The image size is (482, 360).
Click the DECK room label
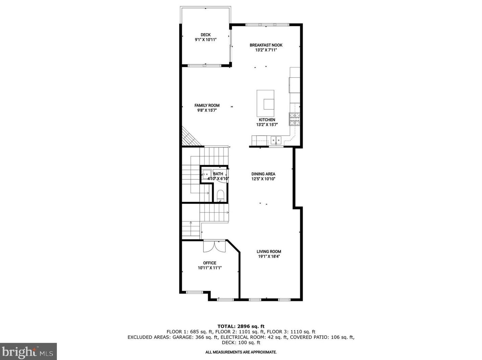coord(206,35)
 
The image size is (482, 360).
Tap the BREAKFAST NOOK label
coord(266,45)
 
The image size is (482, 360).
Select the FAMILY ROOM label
coord(207,105)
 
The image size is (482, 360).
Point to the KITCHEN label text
coord(267,120)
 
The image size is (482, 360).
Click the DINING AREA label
coord(263,174)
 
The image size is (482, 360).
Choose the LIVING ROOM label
coord(269,252)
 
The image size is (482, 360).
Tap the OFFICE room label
coord(210,263)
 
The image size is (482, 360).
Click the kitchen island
coord(265,103)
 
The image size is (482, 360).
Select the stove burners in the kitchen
coord(294,119)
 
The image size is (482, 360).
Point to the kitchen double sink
coord(276,139)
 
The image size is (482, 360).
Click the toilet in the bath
coord(220,195)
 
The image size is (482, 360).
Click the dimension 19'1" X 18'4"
coord(269,257)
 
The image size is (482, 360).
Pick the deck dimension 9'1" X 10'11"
coord(206,40)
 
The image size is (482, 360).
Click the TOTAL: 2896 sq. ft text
coord(241,326)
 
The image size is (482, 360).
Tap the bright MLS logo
coord(28,352)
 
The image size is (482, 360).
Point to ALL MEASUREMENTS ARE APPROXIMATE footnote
coord(241,352)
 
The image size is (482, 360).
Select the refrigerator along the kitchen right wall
coord(294,85)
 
